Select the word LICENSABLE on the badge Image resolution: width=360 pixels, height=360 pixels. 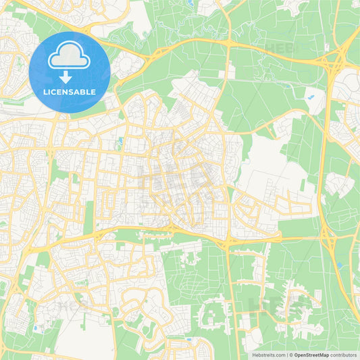coord(70,91)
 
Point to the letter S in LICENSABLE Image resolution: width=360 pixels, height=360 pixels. coord(73,91)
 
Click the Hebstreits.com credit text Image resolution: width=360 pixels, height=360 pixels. coord(268,355)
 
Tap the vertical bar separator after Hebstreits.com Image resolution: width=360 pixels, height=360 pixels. coord(286,355)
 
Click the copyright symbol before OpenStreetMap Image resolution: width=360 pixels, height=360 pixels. coord(291,355)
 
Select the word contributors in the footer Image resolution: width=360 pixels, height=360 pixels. coord(344,355)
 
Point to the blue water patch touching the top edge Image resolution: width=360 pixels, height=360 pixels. coord(190,3)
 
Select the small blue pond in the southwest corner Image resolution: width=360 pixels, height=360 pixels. coord(34,329)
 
